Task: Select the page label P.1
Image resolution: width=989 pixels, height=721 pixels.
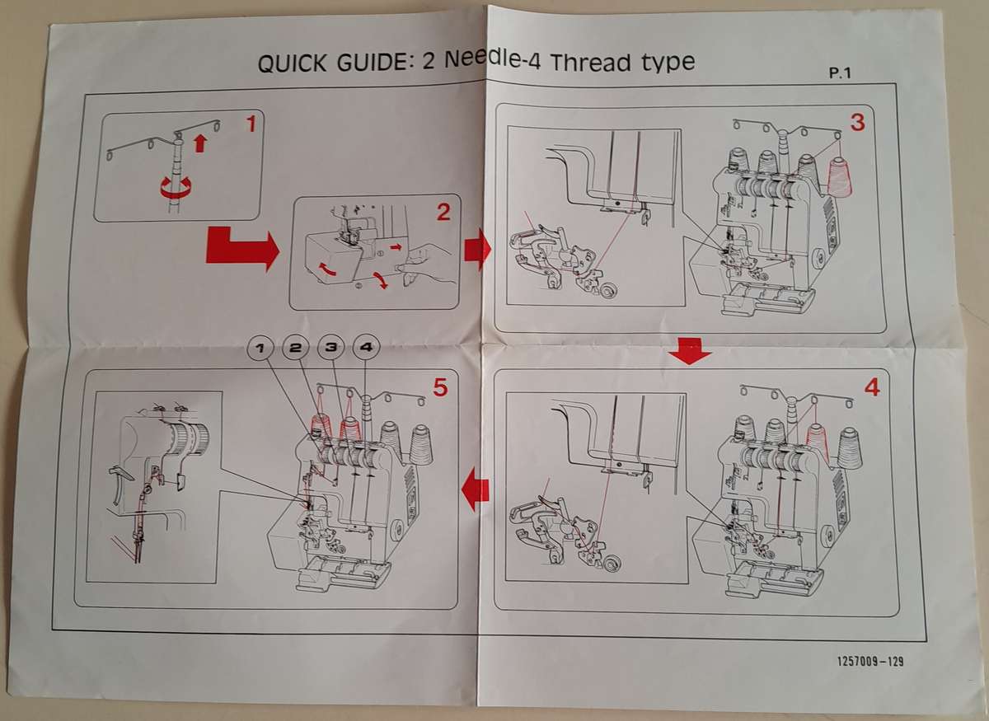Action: click(839, 73)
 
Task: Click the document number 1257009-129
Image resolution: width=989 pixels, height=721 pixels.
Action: click(870, 661)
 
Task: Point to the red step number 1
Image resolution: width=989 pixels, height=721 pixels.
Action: click(251, 124)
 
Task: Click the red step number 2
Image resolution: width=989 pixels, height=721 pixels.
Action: click(443, 213)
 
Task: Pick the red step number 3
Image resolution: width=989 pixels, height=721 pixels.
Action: click(857, 122)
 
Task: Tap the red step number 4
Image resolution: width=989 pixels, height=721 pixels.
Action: click(872, 387)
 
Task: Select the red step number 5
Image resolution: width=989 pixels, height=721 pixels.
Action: click(440, 387)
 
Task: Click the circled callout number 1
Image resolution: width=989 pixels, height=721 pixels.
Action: click(260, 348)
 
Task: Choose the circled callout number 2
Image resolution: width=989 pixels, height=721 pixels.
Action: click(295, 348)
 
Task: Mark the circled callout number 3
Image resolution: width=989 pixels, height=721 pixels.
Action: click(330, 347)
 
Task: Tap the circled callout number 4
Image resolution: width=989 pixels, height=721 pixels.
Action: click(366, 347)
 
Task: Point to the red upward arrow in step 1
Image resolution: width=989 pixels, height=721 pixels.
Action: click(200, 144)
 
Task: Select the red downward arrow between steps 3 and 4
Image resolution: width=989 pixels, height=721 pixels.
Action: click(690, 351)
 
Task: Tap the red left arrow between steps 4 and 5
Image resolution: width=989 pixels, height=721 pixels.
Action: click(475, 489)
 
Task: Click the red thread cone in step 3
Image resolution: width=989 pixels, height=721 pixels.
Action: click(839, 176)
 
